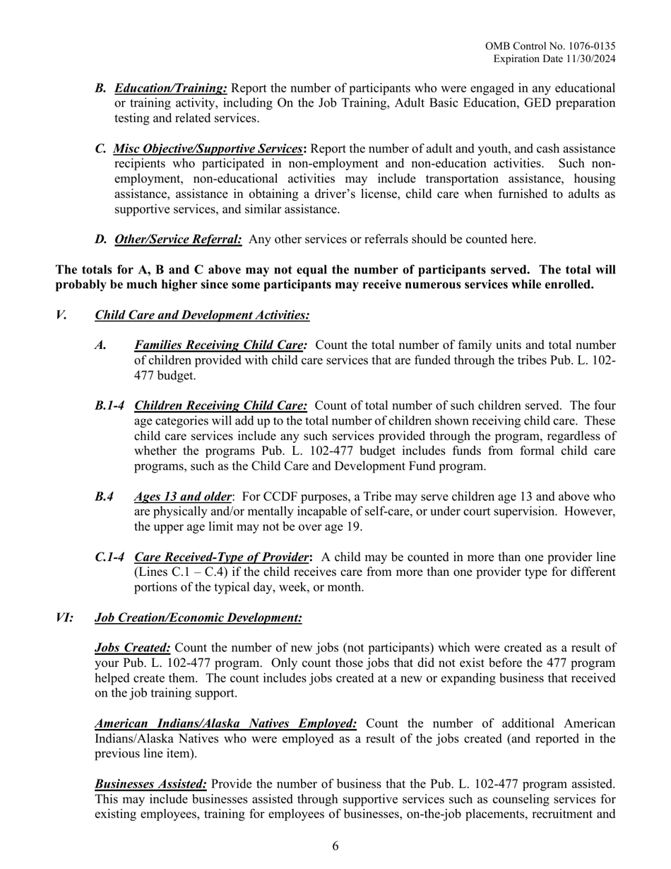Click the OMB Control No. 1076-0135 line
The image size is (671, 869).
550,46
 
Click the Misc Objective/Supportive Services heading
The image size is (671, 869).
208,149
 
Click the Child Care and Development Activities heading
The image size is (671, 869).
201,315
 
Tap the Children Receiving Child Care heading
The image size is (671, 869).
220,406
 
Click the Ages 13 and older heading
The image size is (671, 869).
182,497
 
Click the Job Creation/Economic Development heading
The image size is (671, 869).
198,618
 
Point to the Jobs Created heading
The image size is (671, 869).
132,648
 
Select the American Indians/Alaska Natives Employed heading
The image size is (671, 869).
225,723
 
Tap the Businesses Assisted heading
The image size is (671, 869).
150,784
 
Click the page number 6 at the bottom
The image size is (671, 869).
335,846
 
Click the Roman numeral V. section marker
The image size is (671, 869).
61,315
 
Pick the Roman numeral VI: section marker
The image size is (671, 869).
64,618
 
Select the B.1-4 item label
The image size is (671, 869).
109,406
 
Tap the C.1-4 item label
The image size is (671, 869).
109,557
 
